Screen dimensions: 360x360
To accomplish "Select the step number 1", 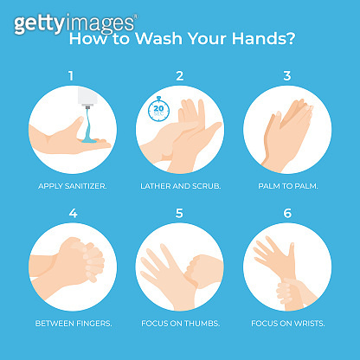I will tap(71, 76).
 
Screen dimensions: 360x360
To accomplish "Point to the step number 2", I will tap(180, 76).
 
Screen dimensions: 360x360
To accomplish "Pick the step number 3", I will tap(287, 76).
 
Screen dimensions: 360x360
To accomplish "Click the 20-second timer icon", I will tap(159, 108).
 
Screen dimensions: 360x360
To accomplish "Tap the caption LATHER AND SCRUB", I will tap(180, 185).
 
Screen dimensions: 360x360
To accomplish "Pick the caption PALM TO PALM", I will tap(287, 185).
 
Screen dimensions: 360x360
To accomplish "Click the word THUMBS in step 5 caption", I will tap(200, 324).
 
